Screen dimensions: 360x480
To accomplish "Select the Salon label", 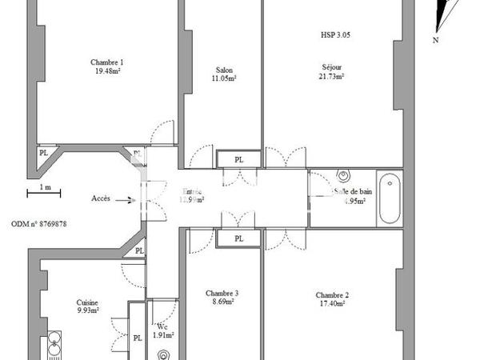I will pos(224,69).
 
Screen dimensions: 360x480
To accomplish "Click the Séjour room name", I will pos(330,68).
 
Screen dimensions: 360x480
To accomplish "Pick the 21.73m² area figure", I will pos(330,77).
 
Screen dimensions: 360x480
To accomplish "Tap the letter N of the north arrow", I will pos(435,39).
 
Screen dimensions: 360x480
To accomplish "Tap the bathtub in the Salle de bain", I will pos(390,198).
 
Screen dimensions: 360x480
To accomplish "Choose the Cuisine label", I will pos(87,302).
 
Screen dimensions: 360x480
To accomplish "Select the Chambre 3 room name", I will pos(222,293).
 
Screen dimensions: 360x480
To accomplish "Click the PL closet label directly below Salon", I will pos(238,160).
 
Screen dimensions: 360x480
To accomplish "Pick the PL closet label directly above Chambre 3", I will pos(238,238).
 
